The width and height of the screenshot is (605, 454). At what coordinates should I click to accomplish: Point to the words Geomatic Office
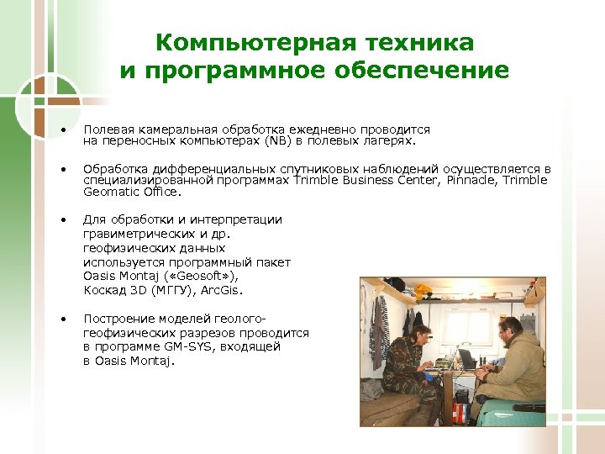131,192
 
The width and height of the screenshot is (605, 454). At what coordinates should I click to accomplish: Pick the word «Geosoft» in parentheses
196,277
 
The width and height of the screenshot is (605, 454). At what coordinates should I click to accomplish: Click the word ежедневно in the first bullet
324,129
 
